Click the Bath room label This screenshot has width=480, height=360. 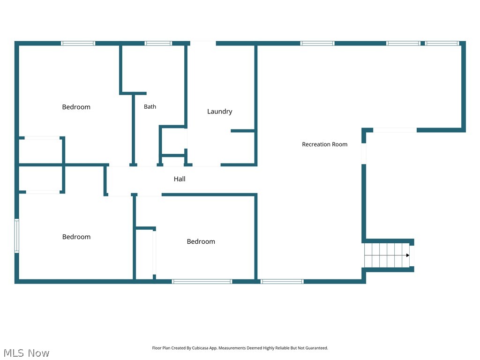[x=150, y=106]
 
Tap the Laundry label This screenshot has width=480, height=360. [x=219, y=112]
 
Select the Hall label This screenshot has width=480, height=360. [x=180, y=179]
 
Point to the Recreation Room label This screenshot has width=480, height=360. [x=324, y=144]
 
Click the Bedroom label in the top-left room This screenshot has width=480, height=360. [x=76, y=107]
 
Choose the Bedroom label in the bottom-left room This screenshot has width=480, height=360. [x=76, y=237]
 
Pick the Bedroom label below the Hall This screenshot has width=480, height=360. [x=201, y=241]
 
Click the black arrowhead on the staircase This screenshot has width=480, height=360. [x=408, y=255]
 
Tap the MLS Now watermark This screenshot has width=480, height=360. [x=26, y=353]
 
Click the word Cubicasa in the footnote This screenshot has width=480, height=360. [x=200, y=348]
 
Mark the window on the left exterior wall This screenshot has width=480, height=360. [x=17, y=236]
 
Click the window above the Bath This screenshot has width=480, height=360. [x=158, y=43]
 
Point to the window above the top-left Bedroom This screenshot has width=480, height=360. [x=78, y=43]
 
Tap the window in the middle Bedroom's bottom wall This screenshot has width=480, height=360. [x=202, y=282]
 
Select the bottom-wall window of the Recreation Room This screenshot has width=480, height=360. [x=282, y=282]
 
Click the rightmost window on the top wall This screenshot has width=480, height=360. [x=442, y=43]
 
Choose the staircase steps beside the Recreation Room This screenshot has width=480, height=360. [x=387, y=255]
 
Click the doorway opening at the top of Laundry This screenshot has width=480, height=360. [x=203, y=43]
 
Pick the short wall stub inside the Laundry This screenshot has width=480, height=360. [x=243, y=131]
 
